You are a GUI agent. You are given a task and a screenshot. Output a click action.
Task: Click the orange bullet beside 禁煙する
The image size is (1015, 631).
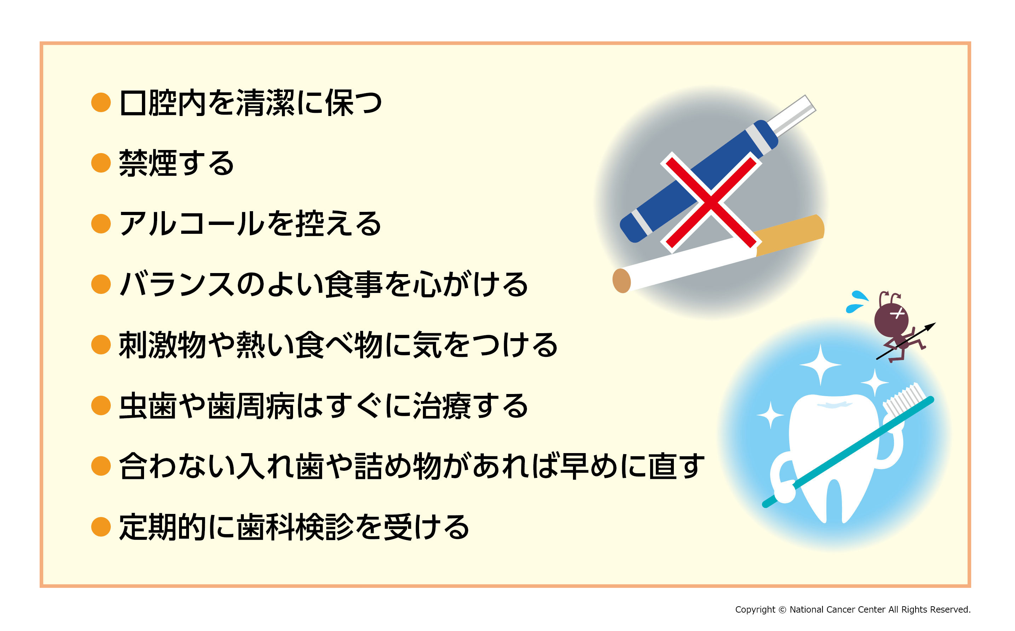(101, 162)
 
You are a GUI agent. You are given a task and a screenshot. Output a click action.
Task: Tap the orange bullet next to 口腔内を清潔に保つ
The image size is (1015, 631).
(101, 102)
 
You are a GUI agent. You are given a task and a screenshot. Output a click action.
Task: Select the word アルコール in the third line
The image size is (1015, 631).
(192, 224)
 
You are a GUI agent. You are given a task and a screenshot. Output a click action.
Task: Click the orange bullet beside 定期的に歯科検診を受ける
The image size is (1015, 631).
(101, 527)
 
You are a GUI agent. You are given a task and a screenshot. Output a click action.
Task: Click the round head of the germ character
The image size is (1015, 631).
(891, 320)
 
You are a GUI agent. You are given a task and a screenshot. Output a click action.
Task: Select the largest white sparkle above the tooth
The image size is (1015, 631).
(820, 365)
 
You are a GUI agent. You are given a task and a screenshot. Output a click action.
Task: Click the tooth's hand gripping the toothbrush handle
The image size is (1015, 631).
(785, 490)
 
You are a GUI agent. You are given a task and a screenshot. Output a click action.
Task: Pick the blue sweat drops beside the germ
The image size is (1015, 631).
(857, 301)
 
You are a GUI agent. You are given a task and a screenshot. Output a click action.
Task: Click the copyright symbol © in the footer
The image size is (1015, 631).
(782, 610)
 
